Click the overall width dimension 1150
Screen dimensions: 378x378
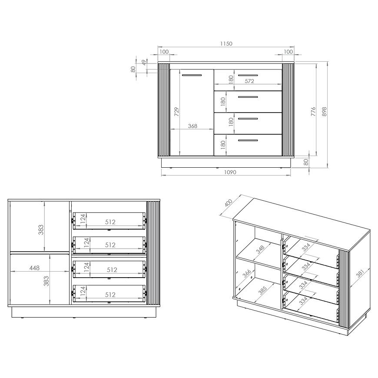pyautogui.click(x=226, y=43)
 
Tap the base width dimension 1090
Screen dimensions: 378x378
pyautogui.click(x=230, y=172)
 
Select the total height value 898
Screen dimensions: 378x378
pyautogui.click(x=324, y=112)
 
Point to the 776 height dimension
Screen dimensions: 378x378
pyautogui.click(x=313, y=112)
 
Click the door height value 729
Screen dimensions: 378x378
pyautogui.click(x=177, y=112)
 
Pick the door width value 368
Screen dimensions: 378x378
pyautogui.click(x=192, y=126)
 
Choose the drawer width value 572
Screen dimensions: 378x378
pyautogui.click(x=249, y=81)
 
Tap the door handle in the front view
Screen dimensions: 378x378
pyautogui.click(x=192, y=75)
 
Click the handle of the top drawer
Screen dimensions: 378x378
pyautogui.click(x=248, y=75)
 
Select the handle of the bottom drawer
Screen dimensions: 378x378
pyautogui.click(x=248, y=140)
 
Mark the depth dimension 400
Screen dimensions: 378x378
pyautogui.click(x=228, y=203)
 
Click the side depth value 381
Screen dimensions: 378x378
pyautogui.click(x=359, y=273)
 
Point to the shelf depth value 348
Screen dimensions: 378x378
pyautogui.click(x=260, y=249)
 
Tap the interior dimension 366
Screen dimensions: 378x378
pyautogui.click(x=247, y=273)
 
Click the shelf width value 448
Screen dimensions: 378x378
pyautogui.click(x=34, y=268)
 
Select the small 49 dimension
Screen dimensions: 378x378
pyautogui.click(x=144, y=62)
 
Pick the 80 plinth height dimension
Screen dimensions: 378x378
pyautogui.click(x=306, y=162)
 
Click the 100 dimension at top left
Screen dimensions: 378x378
pyautogui.click(x=164, y=52)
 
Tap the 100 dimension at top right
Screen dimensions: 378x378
pyautogui.click(x=288, y=52)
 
